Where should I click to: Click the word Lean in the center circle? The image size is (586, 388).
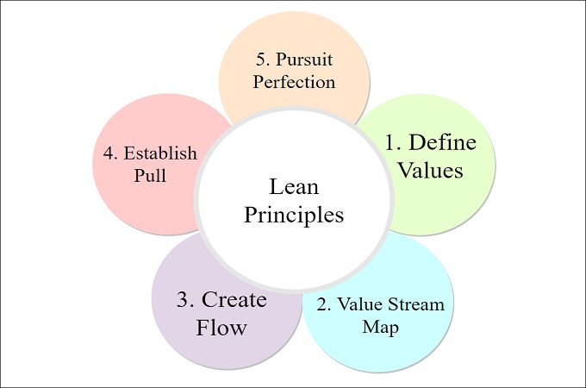pyautogui.click(x=294, y=186)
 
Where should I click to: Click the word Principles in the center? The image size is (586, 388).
pyautogui.click(x=294, y=213)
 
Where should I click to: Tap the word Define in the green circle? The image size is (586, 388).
pyautogui.click(x=442, y=142)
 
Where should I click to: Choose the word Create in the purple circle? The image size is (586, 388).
pyautogui.click(x=234, y=299)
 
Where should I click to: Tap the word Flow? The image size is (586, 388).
pyautogui.click(x=221, y=327)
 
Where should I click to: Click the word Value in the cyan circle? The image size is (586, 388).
pyautogui.click(x=362, y=304)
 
